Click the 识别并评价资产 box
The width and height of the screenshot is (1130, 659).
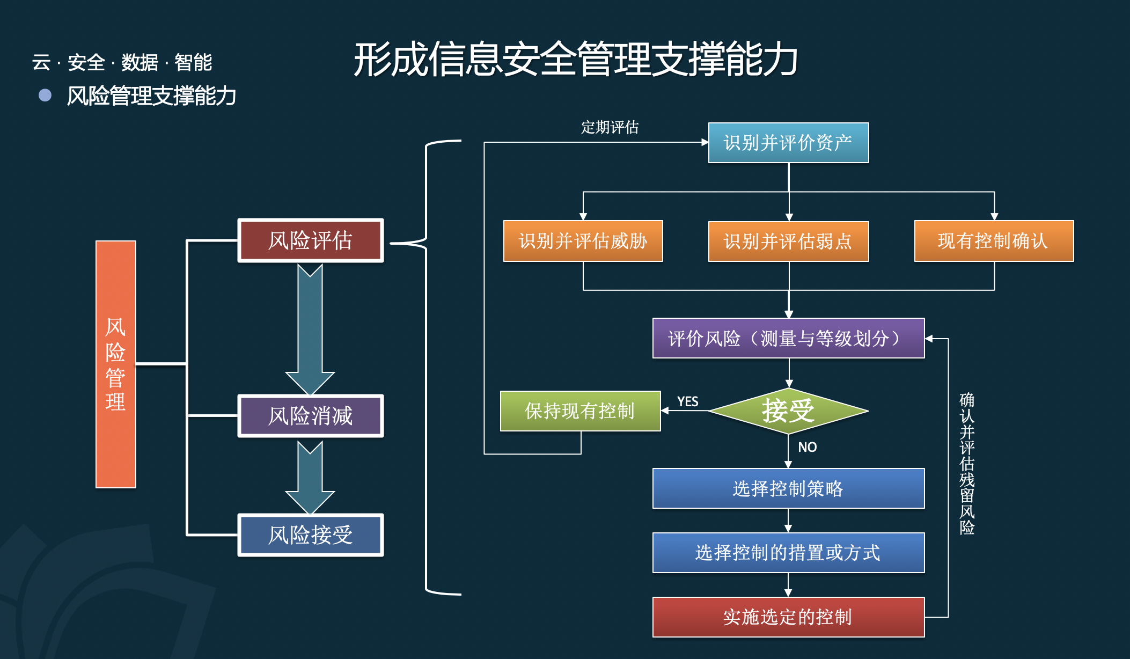coord(788,143)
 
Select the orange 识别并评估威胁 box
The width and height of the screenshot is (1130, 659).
coord(583,241)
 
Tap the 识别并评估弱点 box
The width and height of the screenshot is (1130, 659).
coord(788,241)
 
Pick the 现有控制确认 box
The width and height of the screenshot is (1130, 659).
coord(994,241)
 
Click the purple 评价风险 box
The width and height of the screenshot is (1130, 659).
coord(788,338)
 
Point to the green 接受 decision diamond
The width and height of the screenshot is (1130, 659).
coord(788,411)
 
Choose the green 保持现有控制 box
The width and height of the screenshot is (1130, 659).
coord(581,411)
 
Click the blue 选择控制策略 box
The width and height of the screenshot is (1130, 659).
coord(788,488)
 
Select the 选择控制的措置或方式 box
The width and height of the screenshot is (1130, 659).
coord(788,553)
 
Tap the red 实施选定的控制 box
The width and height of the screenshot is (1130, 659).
coord(788,617)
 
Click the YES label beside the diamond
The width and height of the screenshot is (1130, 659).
coord(688,401)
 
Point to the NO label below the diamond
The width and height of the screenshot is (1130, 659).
coord(807,447)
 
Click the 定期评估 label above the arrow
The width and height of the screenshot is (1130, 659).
coord(610,127)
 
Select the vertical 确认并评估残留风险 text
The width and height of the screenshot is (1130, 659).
coord(967,464)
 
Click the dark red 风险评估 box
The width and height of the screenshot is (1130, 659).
coord(311,240)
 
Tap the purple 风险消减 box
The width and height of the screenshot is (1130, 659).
coord(311,416)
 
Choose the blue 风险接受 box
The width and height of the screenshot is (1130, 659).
coord(311,535)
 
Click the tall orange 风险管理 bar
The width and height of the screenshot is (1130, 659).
coord(116,364)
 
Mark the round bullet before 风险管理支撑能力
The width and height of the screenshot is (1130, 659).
coord(45,96)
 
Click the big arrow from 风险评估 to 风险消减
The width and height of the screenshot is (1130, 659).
coord(310,329)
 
